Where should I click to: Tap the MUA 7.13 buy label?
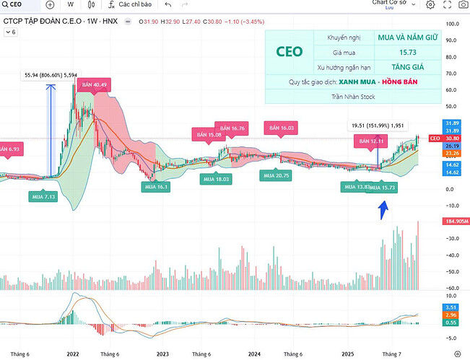pyautogui.click(x=43, y=196)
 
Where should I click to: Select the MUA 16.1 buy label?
pyautogui.click(x=156, y=187)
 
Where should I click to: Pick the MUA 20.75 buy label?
pyautogui.click(x=277, y=175)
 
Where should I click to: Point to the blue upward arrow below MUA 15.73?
pyautogui.click(x=383, y=210)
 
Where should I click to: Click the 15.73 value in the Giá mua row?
pyautogui.click(x=406, y=51)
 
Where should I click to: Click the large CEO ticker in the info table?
pyautogui.click(x=290, y=51)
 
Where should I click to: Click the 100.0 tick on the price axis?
pyautogui.click(x=453, y=24)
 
